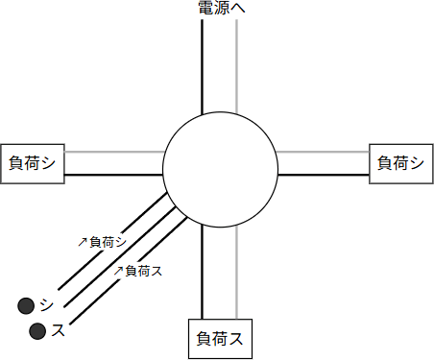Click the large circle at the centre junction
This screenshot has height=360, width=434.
point(220,170)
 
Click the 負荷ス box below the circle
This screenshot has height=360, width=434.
point(219,338)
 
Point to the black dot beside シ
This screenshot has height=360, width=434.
point(26,306)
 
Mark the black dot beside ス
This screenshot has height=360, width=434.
point(37,331)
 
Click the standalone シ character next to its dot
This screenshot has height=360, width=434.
point(47,305)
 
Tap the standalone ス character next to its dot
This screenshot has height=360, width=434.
point(59,330)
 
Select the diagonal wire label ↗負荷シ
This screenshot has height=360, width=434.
point(102,242)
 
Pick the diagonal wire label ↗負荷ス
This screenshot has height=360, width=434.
point(137,271)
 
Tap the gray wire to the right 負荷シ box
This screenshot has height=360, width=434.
point(323,152)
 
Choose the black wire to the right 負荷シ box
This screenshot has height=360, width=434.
point(323,175)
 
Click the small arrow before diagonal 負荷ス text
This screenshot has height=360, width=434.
point(118,272)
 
